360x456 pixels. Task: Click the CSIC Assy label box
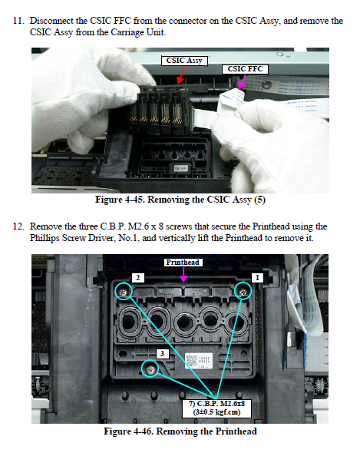(184, 61)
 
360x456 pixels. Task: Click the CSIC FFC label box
(245, 69)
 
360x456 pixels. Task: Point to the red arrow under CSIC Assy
(181, 74)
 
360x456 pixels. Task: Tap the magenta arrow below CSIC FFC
(242, 81)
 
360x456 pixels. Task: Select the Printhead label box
(183, 263)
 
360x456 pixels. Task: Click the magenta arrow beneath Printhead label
(183, 274)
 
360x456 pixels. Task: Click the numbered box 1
(257, 278)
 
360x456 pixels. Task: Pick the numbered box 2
(138, 278)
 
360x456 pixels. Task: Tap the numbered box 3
(162, 354)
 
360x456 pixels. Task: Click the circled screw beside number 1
(243, 291)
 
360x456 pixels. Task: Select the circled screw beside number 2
(124, 291)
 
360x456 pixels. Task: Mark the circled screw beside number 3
(150, 368)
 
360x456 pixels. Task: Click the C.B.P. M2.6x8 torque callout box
(216, 408)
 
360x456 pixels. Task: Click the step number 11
(18, 21)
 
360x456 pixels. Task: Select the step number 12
(18, 226)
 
